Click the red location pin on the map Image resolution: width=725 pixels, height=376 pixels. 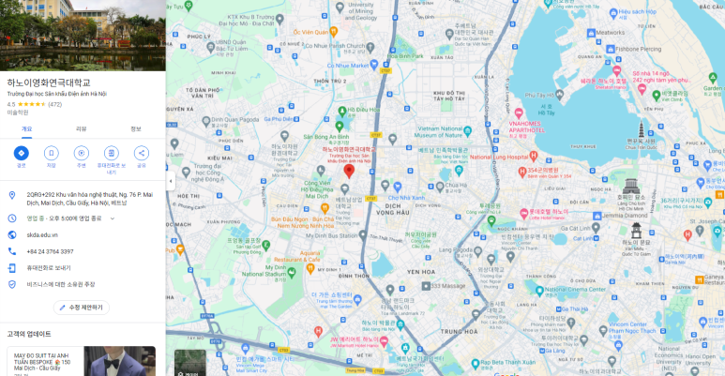(349, 170)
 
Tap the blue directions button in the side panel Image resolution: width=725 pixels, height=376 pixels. (21, 153)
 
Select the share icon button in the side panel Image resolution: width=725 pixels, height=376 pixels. (142, 153)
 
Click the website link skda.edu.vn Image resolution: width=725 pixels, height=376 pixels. (42, 234)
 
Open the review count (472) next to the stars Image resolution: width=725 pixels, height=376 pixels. (54, 104)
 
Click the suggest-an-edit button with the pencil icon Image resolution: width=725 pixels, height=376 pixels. (81, 307)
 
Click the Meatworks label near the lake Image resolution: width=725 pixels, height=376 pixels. (610, 32)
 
